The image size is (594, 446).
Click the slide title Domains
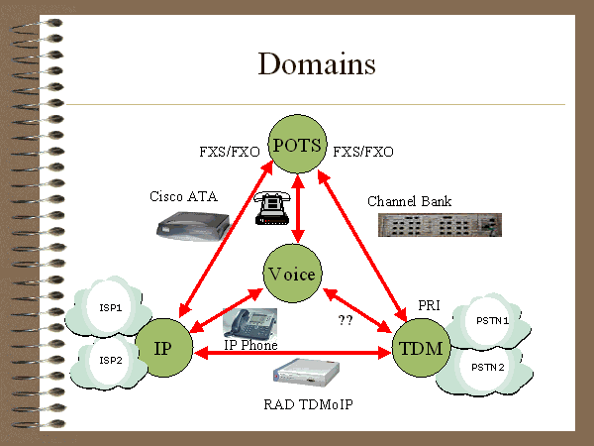317,64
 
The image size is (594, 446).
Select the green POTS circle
298,146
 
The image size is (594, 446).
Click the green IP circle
164,349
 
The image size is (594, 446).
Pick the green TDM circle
422,348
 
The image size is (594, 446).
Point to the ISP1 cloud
109,308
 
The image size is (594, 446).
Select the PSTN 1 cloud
492,320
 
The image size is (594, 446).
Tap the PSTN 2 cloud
488,368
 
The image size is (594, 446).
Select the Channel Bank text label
409,201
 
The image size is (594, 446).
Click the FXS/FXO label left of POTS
230,152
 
